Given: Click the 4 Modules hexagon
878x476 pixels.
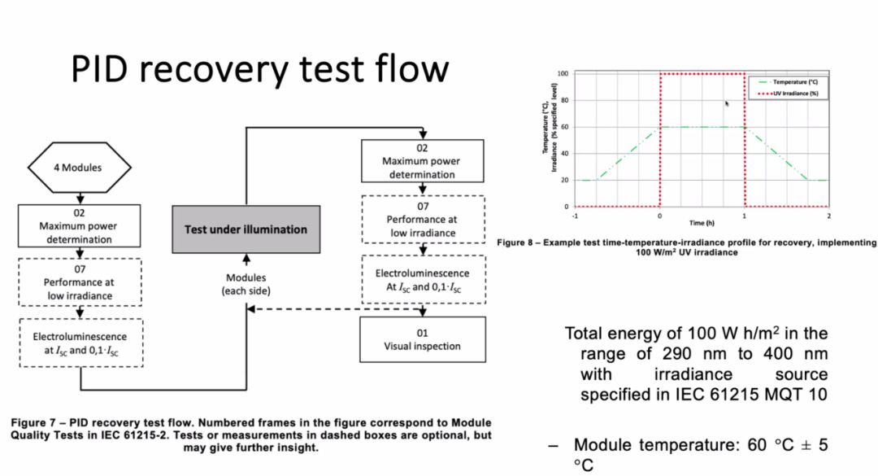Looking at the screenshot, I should click(x=80, y=168).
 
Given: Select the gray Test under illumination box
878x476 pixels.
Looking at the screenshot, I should click(x=246, y=229).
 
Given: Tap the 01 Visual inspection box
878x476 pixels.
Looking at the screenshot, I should click(x=422, y=339).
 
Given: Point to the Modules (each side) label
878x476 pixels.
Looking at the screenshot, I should click(x=246, y=284).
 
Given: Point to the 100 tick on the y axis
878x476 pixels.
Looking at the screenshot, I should click(x=563, y=74).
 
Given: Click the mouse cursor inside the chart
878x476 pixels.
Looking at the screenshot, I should click(x=727, y=103).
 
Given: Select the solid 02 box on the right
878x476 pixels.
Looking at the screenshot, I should click(x=422, y=161).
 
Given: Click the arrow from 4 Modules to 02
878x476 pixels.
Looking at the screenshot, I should click(x=80, y=197).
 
